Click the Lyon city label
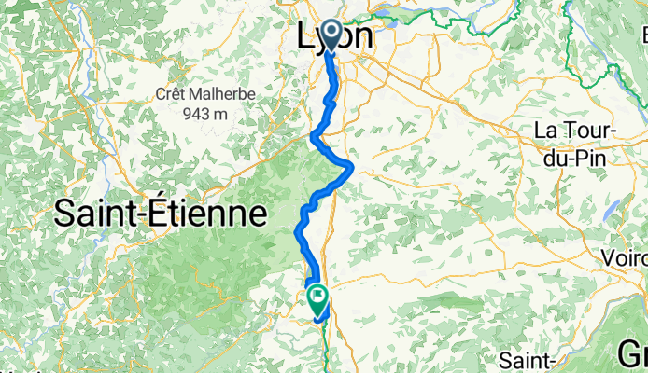pyautogui.click(x=334, y=37)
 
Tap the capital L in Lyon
pyautogui.click(x=304, y=37)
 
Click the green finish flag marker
pyautogui.click(x=317, y=300)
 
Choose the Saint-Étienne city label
pyautogui.click(x=161, y=214)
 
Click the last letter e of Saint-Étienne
pyautogui.click(x=257, y=215)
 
